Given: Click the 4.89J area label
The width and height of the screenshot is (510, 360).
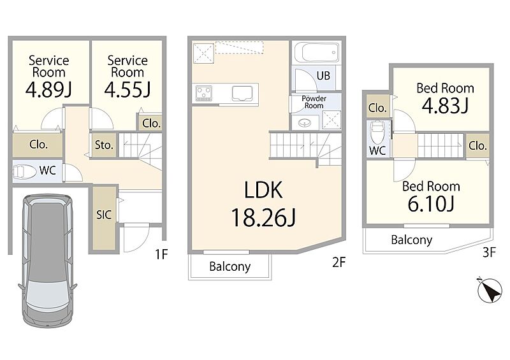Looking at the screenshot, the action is click(48, 90).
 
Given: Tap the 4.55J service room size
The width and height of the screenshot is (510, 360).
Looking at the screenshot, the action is click(127, 90).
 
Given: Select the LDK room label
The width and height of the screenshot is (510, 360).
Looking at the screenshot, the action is click(263, 191).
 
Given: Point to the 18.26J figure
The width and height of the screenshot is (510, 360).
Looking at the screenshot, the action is click(263, 217).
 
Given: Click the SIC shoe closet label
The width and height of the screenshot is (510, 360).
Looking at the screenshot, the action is click(104, 215).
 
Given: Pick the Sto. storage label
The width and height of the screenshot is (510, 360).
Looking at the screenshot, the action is click(104, 145).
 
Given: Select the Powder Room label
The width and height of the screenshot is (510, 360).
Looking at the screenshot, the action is click(314, 102).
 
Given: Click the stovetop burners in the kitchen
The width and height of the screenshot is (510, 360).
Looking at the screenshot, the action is click(204, 93).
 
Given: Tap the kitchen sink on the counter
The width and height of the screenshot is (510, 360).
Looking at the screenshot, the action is click(242, 93).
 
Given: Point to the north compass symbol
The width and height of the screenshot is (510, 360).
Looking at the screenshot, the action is click(490, 291).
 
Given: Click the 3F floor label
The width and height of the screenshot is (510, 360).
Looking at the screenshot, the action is click(489, 252).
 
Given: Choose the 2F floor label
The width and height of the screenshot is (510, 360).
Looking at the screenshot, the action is click(339, 262).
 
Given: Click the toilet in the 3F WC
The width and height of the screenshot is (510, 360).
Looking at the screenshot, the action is click(377, 133).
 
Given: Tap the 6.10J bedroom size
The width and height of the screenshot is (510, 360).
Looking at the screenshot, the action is click(431, 204).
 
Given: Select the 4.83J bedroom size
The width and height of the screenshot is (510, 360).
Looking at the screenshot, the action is click(445, 105).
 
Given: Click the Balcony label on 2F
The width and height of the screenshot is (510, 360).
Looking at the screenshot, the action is click(230, 267).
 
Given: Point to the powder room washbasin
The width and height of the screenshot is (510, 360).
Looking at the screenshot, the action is click(305, 123).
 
